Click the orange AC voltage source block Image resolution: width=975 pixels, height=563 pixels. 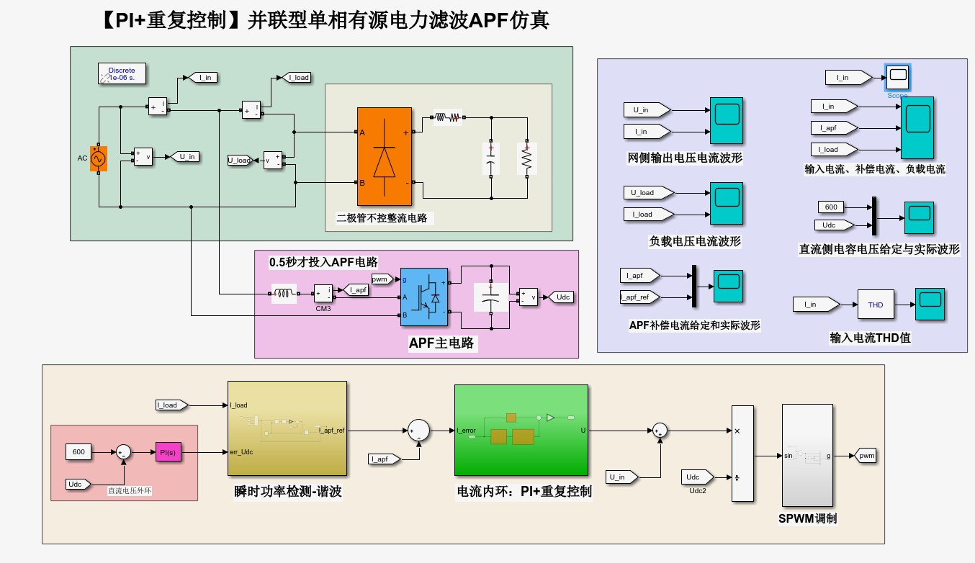[x=98, y=158]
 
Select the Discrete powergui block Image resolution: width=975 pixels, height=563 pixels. [x=122, y=73]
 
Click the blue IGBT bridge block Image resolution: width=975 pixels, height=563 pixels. [x=423, y=296]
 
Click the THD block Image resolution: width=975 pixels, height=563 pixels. [x=875, y=305]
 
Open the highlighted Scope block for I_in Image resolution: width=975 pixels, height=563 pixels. [x=897, y=77]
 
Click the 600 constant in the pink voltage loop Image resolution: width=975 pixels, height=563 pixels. [x=78, y=452]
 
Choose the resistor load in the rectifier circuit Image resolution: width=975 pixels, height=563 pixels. [x=526, y=158]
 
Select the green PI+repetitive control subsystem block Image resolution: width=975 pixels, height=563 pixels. [x=521, y=430]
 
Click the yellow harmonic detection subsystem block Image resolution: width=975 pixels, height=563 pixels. [x=287, y=428]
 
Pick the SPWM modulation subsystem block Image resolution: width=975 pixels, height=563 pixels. [x=807, y=456]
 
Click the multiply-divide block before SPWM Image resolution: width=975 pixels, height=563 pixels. [x=742, y=454]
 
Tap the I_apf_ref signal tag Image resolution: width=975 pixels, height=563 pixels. [x=642, y=297]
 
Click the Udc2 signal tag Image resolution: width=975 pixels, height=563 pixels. [x=696, y=477]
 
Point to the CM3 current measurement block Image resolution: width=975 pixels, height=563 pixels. [x=323, y=293]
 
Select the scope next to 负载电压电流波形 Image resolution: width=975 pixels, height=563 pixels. [x=726, y=203]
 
